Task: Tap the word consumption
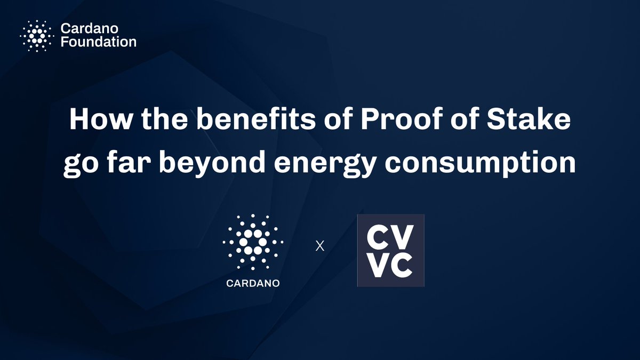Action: (x=493, y=163)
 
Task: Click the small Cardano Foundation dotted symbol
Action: (x=36, y=36)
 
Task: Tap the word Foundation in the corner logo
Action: (x=98, y=42)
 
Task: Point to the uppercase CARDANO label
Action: (x=253, y=282)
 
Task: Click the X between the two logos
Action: (x=320, y=247)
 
